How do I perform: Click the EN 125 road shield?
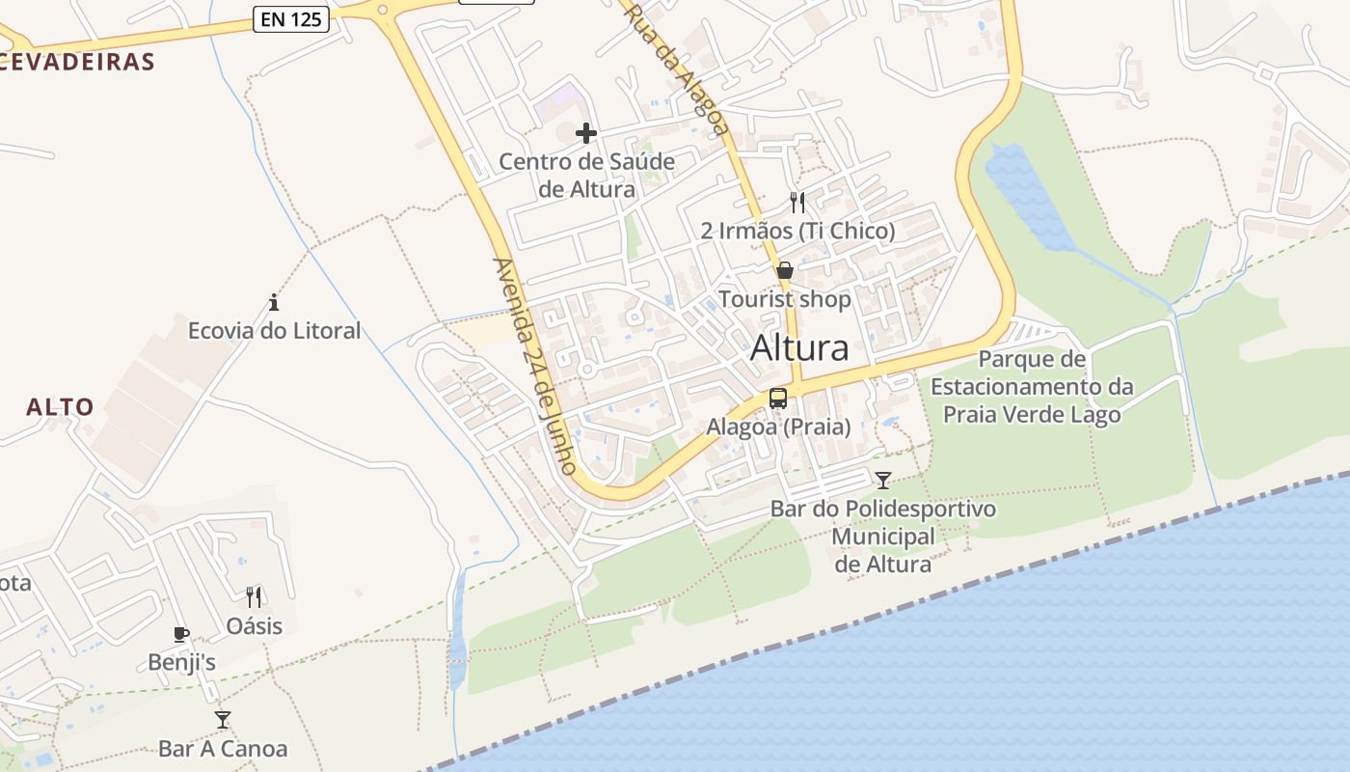tap(291, 18)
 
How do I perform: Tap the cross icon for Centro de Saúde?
tap(585, 133)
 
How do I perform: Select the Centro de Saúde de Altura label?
tap(586, 175)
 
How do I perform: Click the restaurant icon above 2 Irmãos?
tap(796, 203)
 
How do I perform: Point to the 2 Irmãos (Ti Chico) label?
tap(797, 231)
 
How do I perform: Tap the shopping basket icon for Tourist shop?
tap(785, 271)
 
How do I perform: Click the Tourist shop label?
tap(785, 299)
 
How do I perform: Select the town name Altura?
tap(799, 347)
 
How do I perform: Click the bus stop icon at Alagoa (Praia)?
tap(777, 399)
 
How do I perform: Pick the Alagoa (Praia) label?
tap(778, 427)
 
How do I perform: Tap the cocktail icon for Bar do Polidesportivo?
tap(882, 480)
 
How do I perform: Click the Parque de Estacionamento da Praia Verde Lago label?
tap(1031, 387)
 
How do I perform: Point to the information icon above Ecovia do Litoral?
tap(274, 302)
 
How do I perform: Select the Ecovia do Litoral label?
tap(274, 331)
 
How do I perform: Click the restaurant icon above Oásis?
tap(254, 597)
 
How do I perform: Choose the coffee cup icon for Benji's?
tap(180, 634)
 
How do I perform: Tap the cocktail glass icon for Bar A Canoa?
tap(223, 720)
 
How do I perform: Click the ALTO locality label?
tap(60, 407)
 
